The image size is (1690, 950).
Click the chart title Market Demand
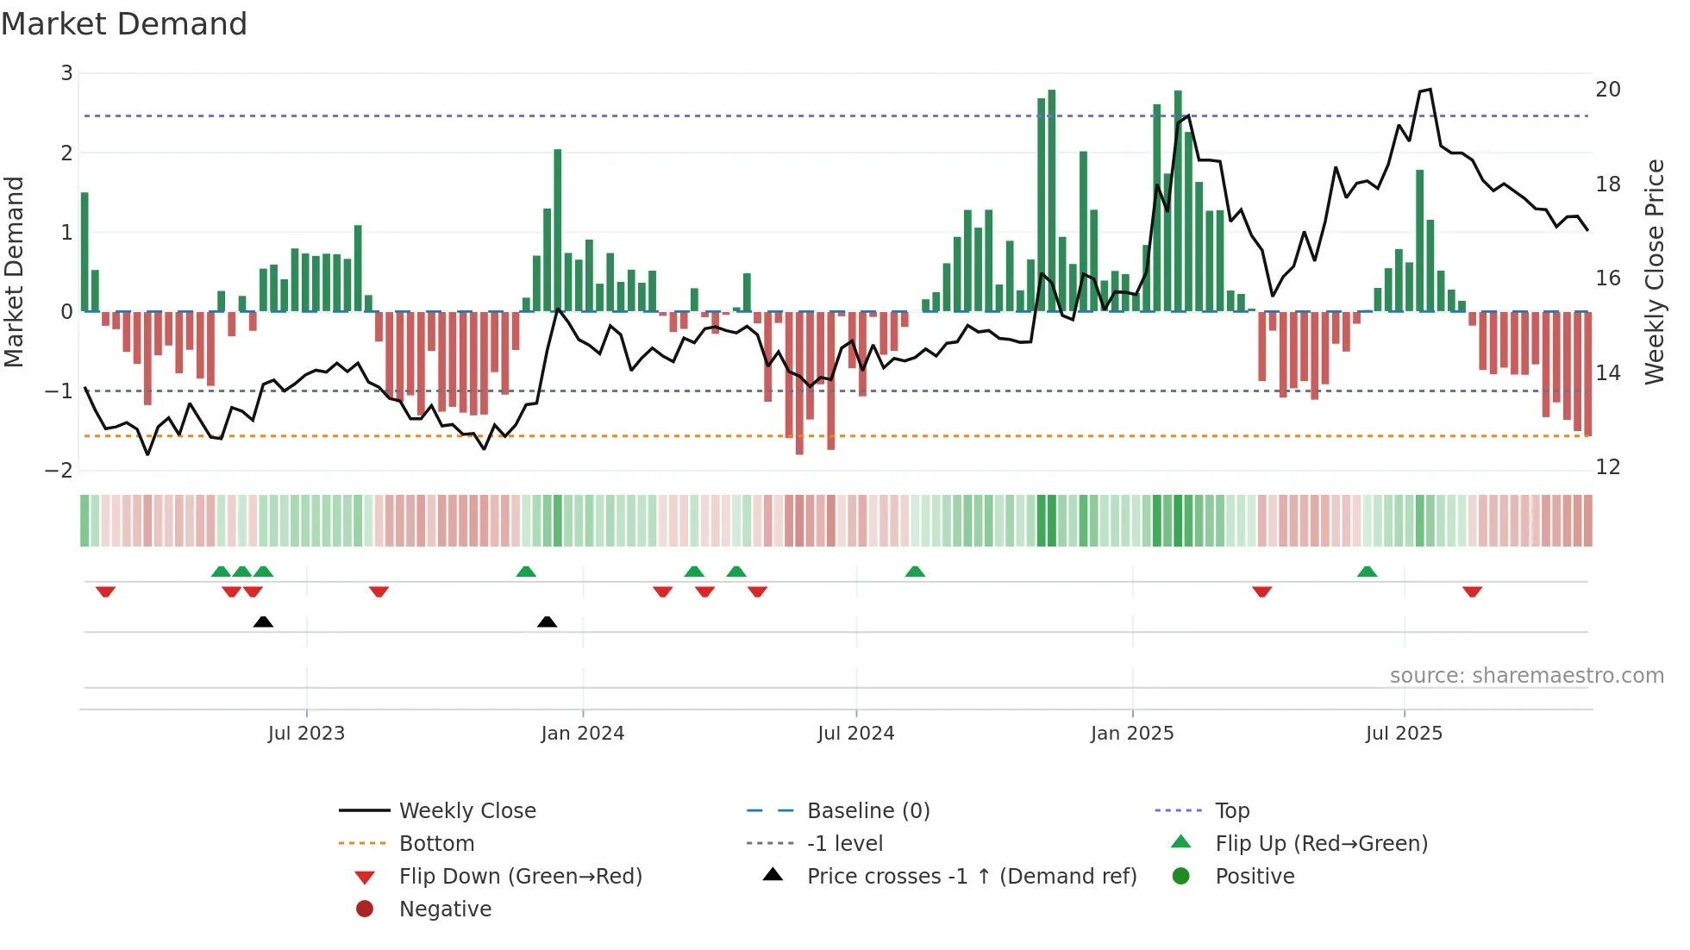(124, 24)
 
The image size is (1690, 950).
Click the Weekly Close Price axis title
(1654, 272)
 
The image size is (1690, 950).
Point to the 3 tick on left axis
(66, 73)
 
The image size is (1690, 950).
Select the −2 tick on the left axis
(59, 470)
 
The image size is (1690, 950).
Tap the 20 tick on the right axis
(1607, 90)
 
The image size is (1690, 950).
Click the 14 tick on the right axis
(1607, 373)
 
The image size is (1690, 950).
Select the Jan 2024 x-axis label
(582, 734)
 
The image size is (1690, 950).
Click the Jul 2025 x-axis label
(1403, 734)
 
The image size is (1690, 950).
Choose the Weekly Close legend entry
(466, 810)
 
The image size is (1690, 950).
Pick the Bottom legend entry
(436, 843)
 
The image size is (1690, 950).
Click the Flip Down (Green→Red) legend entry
(520, 876)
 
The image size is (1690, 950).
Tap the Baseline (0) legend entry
(867, 810)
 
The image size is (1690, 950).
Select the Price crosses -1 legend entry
(971, 876)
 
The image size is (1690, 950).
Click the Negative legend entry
(445, 909)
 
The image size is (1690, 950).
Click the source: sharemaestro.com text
(1526, 675)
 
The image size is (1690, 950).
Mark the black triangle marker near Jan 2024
(547, 622)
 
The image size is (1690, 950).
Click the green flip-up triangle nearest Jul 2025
(1367, 572)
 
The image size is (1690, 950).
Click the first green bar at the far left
(84, 252)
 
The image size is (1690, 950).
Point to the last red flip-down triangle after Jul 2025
(1472, 591)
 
